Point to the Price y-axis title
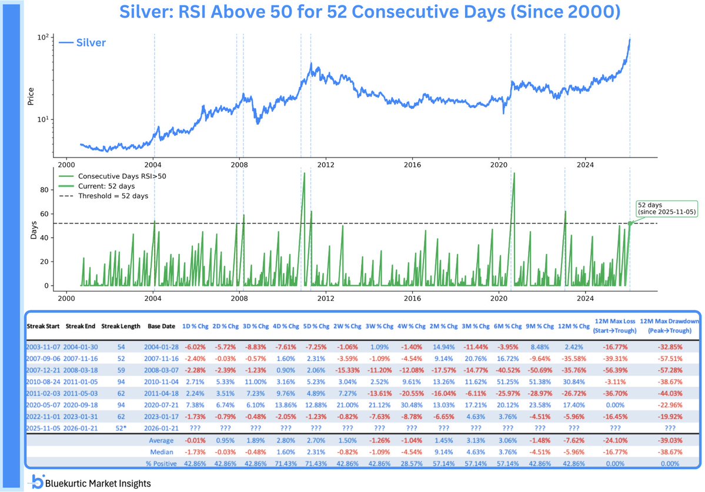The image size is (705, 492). tap(31, 97)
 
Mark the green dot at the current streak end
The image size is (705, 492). tap(630, 223)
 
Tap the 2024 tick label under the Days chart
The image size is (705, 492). tap(585, 297)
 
